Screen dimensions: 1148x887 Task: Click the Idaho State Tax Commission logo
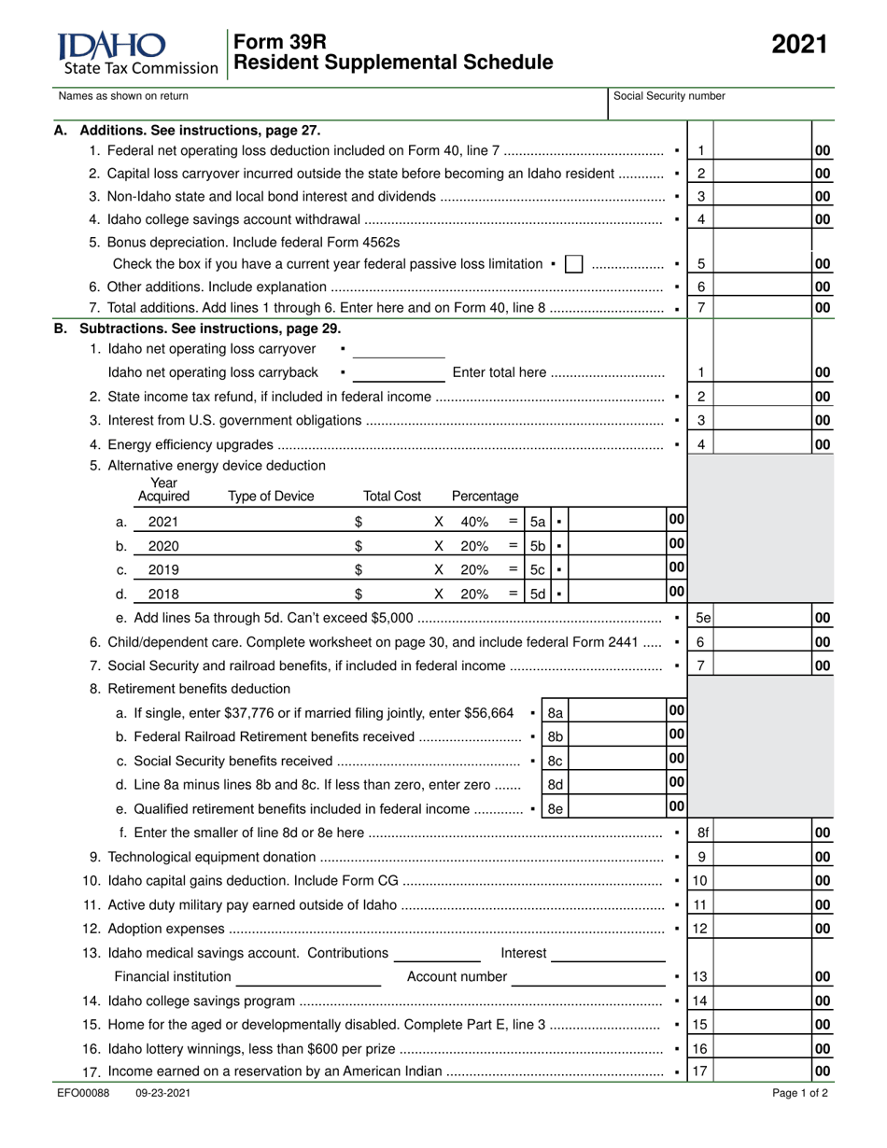coord(138,52)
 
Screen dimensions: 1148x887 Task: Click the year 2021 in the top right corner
coord(799,45)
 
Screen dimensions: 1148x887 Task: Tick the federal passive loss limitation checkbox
coord(574,264)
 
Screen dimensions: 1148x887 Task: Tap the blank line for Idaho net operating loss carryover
coord(399,350)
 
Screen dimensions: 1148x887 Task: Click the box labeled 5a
coord(538,522)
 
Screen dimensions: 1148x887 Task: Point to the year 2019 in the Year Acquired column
coord(163,569)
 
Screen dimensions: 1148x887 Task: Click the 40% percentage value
coord(474,522)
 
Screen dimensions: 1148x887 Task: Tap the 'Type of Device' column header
coord(271,497)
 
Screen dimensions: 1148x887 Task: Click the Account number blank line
coord(588,977)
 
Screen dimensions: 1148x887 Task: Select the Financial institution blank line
coord(308,977)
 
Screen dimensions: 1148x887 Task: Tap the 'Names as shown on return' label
coord(123,96)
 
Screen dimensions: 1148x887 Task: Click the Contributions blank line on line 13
coord(437,954)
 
